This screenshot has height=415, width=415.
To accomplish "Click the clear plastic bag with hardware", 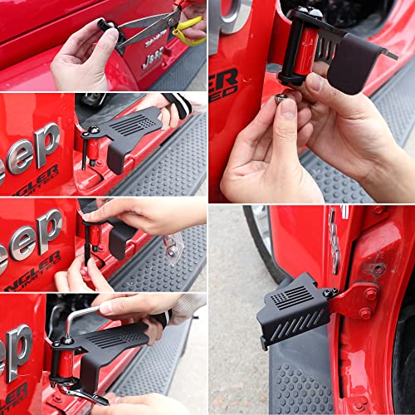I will coord(172,245).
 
